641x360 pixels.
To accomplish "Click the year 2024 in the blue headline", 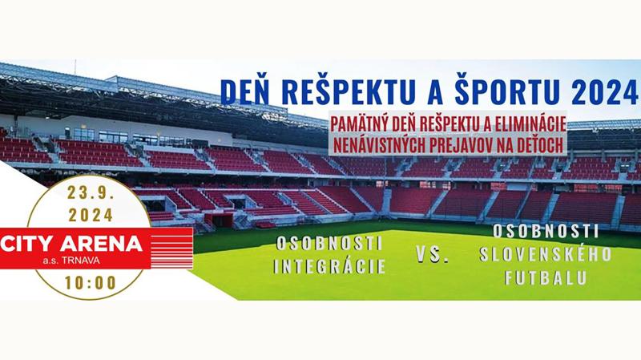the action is point(605,92).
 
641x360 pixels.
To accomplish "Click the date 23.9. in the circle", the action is point(90,192).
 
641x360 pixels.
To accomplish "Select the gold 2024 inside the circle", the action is point(91,215).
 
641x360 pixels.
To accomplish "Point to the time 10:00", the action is point(91,283).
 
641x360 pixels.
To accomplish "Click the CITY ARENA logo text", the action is point(71,245).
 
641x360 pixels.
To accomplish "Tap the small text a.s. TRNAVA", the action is point(71,261).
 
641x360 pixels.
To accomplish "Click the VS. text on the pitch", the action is point(433,254).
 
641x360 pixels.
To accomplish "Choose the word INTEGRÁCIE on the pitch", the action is point(329,266).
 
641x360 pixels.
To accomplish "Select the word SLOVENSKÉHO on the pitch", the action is point(546,254).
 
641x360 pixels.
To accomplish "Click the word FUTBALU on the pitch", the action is point(546,277).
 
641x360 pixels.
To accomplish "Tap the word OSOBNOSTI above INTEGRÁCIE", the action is point(329,244).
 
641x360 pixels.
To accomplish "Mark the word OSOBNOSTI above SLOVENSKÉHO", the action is point(546,232).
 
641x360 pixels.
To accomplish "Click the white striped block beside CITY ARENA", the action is point(171,249).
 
